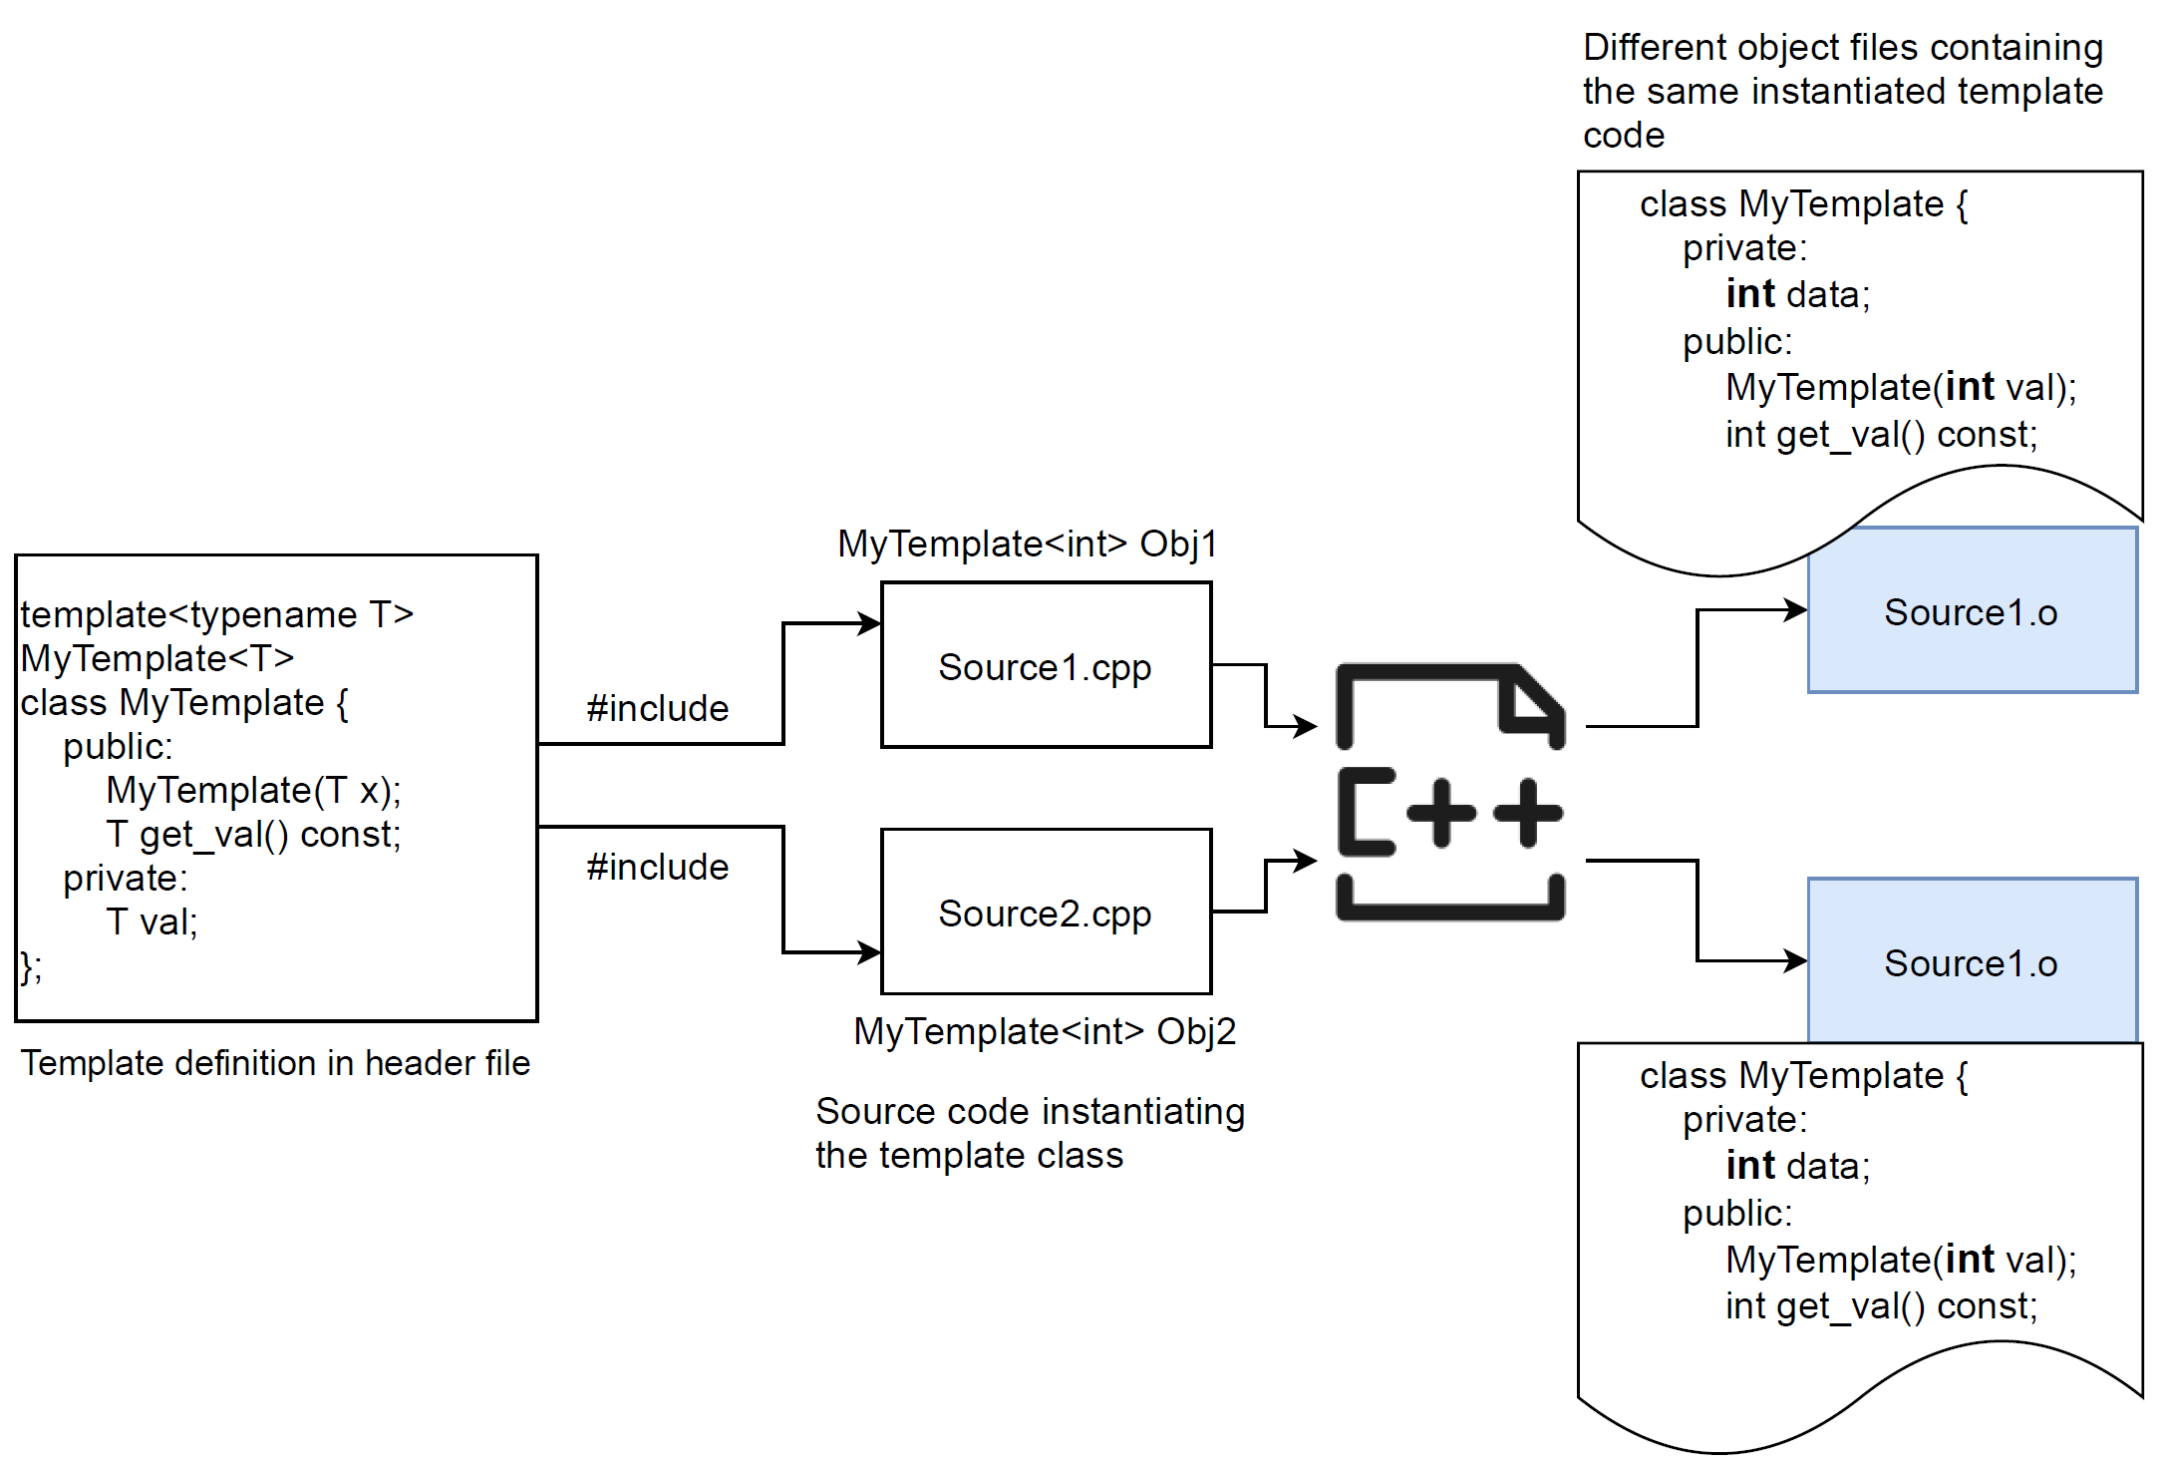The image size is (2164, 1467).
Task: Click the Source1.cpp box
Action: tap(1046, 665)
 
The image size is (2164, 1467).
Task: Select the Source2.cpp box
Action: tap(1046, 912)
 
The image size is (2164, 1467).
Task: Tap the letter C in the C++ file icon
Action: tap(1366, 812)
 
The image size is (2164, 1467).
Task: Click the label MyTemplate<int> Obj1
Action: tap(1028, 545)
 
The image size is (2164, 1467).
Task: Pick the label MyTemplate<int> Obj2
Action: tap(1045, 1031)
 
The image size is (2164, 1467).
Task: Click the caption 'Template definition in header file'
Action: tap(275, 1063)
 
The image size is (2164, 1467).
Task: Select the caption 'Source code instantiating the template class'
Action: tap(1030, 1133)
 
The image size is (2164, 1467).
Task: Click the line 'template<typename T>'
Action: tap(216, 614)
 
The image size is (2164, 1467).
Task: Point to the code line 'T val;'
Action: tap(152, 921)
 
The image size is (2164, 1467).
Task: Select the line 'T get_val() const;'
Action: tap(253, 834)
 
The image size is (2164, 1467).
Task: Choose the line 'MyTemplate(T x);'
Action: tap(253, 790)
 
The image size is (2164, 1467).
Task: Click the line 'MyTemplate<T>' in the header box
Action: tap(157, 658)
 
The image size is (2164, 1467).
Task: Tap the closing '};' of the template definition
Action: tap(31, 966)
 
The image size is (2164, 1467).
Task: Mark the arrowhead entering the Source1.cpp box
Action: tap(869, 624)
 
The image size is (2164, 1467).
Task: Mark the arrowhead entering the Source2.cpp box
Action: tap(869, 952)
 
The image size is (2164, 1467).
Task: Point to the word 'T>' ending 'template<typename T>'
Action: tap(391, 614)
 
